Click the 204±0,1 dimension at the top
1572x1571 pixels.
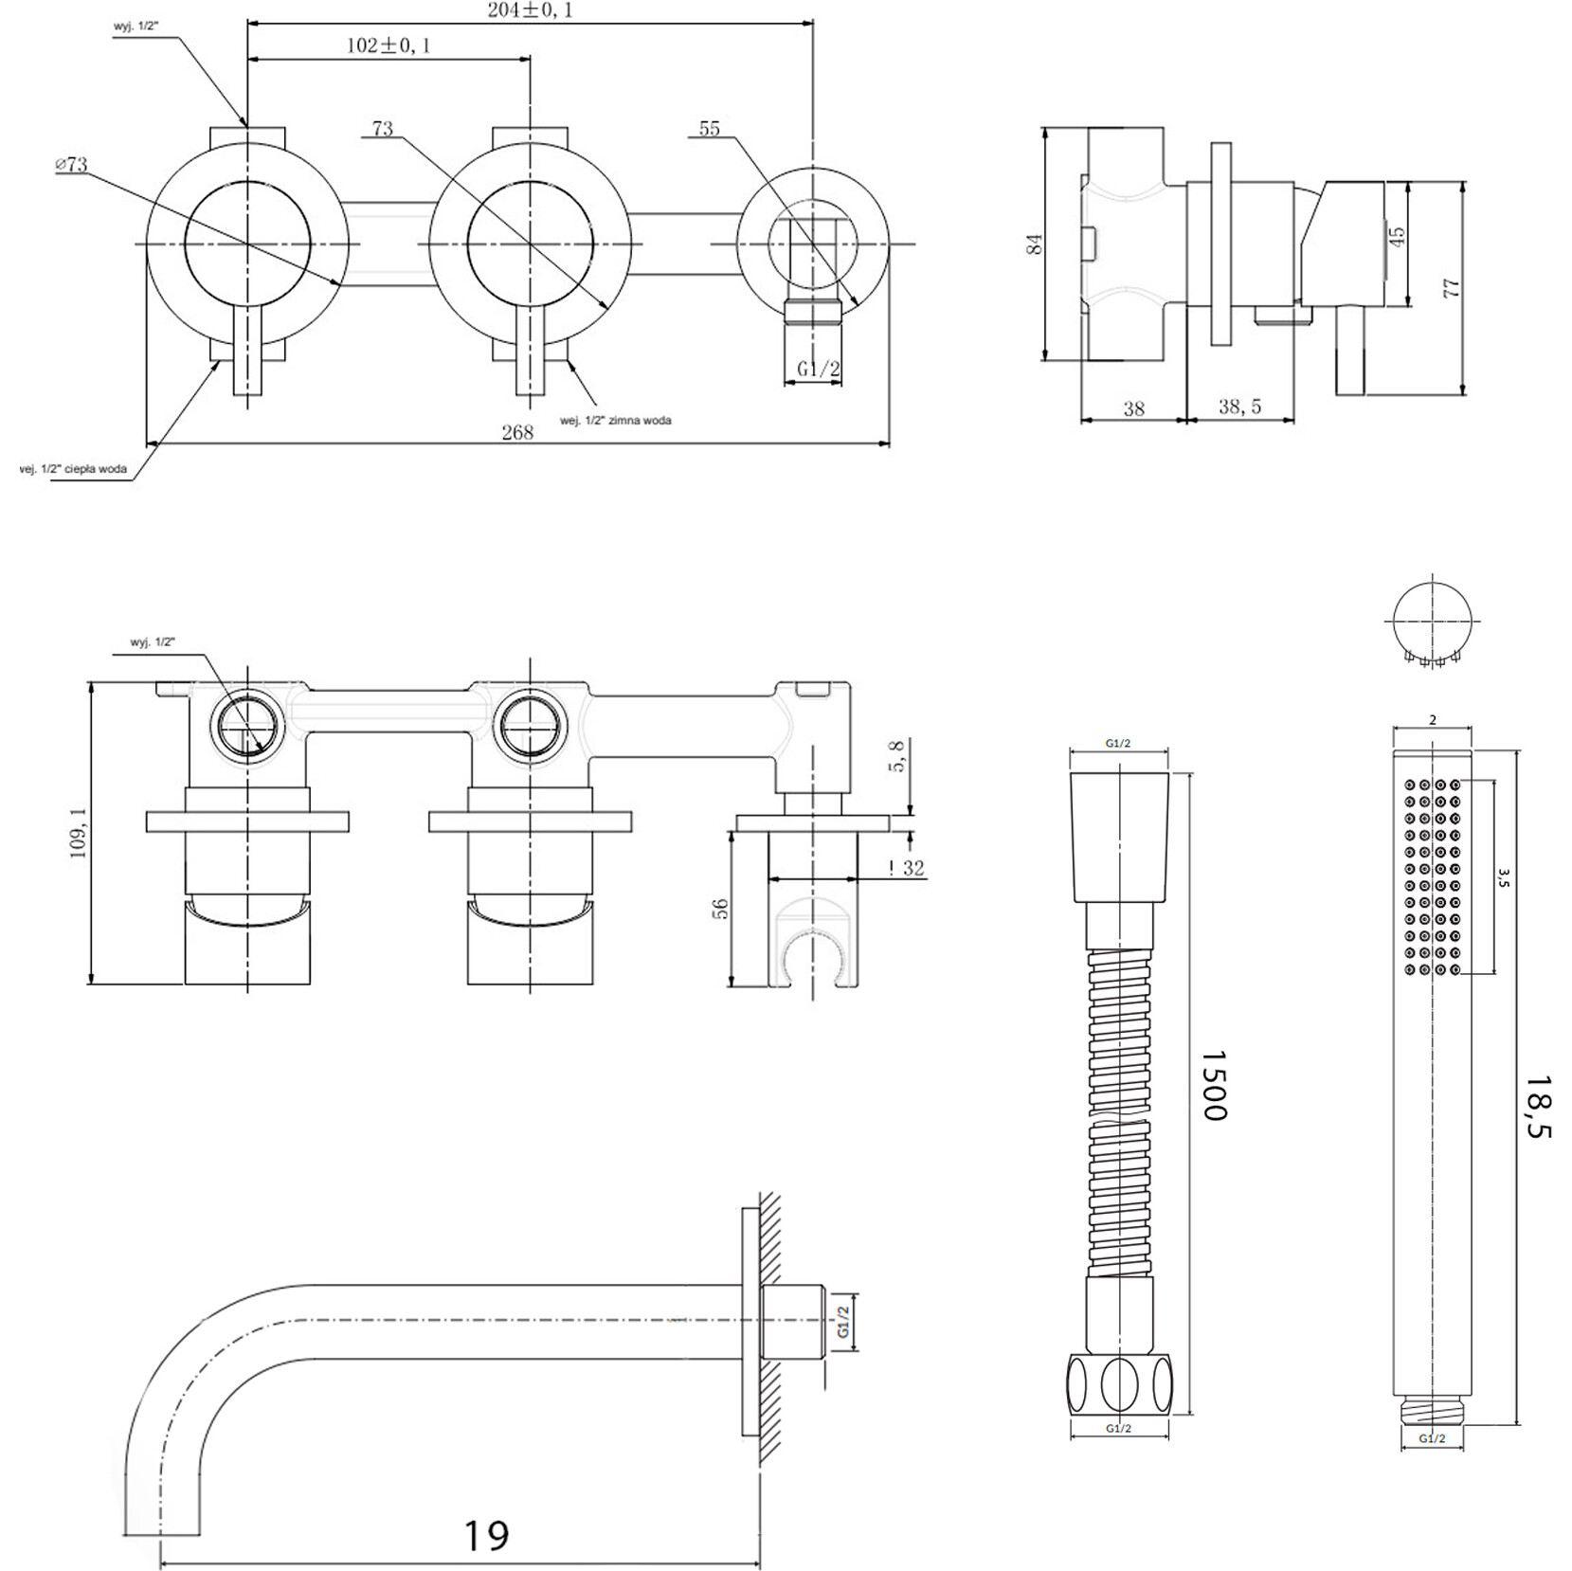(x=530, y=10)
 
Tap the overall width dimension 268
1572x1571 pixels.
(x=517, y=432)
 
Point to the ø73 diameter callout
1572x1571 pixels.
(x=71, y=164)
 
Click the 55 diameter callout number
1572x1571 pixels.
(x=709, y=129)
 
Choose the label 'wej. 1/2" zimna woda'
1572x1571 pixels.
(x=616, y=420)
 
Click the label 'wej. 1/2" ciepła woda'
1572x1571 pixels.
(x=73, y=469)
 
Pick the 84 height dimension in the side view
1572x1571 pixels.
(x=1035, y=244)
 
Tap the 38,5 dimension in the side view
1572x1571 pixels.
(x=1239, y=406)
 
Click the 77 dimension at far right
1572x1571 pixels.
(x=1451, y=288)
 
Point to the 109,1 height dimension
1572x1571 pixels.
(x=78, y=833)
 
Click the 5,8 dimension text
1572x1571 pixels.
(x=897, y=756)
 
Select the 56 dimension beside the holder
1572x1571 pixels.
(x=720, y=908)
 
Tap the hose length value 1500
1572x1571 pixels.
(x=1214, y=1085)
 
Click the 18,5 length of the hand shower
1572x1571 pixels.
(x=1537, y=1106)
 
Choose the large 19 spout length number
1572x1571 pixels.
(x=485, y=1534)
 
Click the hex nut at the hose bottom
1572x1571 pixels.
(x=1119, y=1384)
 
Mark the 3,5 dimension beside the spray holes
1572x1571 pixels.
(x=1503, y=877)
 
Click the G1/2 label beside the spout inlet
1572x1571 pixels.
(x=843, y=1321)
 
